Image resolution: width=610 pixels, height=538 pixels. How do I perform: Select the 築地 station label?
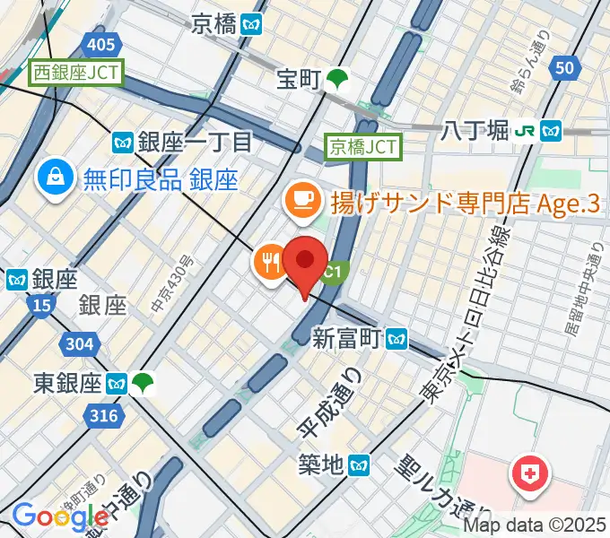click(x=321, y=464)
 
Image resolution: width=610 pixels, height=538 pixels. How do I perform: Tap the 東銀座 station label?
click(x=65, y=384)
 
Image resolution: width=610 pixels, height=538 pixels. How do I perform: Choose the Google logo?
click(x=60, y=516)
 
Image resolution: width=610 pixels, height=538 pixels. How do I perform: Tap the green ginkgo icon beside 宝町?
click(x=338, y=80)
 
